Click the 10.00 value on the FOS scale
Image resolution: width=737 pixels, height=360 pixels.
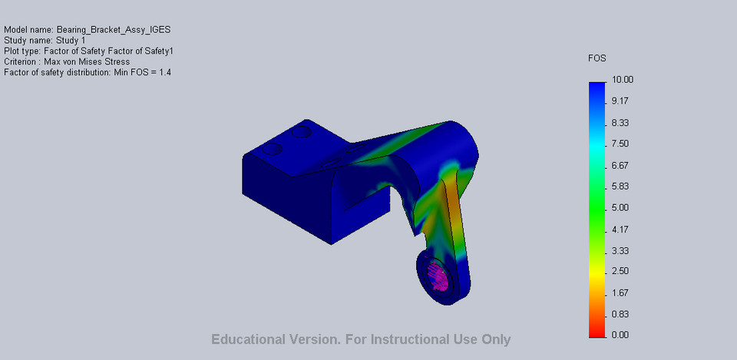[622, 80]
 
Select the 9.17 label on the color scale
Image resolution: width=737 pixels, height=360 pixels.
[620, 101]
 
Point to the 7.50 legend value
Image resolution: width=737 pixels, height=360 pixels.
[620, 144]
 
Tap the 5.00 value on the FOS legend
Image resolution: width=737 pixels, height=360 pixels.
[620, 207]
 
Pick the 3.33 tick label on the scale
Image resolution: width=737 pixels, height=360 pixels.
[620, 250]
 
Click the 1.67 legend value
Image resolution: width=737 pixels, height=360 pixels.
[620, 292]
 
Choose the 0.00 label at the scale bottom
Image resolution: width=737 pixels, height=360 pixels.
[620, 335]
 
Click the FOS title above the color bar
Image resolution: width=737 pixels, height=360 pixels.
[597, 58]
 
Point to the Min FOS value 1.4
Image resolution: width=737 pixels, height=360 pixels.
[165, 73]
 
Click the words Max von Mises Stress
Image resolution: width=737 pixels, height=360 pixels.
[87, 62]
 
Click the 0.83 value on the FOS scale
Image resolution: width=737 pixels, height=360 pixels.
[620, 314]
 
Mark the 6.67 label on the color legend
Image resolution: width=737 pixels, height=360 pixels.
[620, 165]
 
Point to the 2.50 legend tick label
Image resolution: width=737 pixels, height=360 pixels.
[620, 271]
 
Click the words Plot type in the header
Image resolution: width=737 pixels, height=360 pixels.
[22, 51]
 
